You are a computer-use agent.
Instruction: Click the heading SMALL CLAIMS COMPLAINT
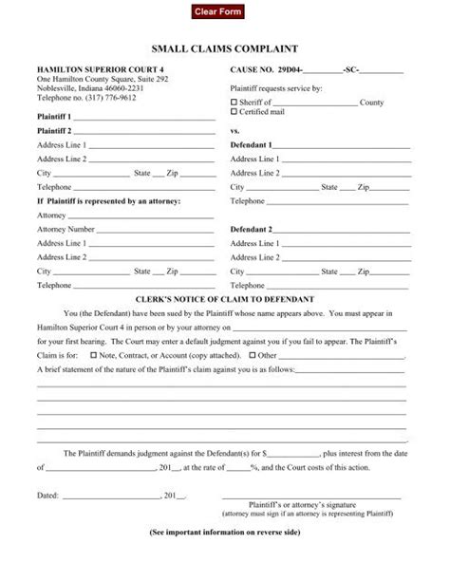[x=225, y=47]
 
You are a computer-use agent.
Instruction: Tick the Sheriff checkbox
[x=234, y=101]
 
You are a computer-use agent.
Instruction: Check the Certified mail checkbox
[x=234, y=111]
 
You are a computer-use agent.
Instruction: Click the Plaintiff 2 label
[x=54, y=130]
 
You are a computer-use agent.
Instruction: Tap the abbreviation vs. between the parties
[x=235, y=130]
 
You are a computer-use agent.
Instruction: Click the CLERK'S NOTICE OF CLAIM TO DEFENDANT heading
[x=225, y=286]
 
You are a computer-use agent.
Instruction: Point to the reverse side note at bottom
[x=225, y=534]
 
